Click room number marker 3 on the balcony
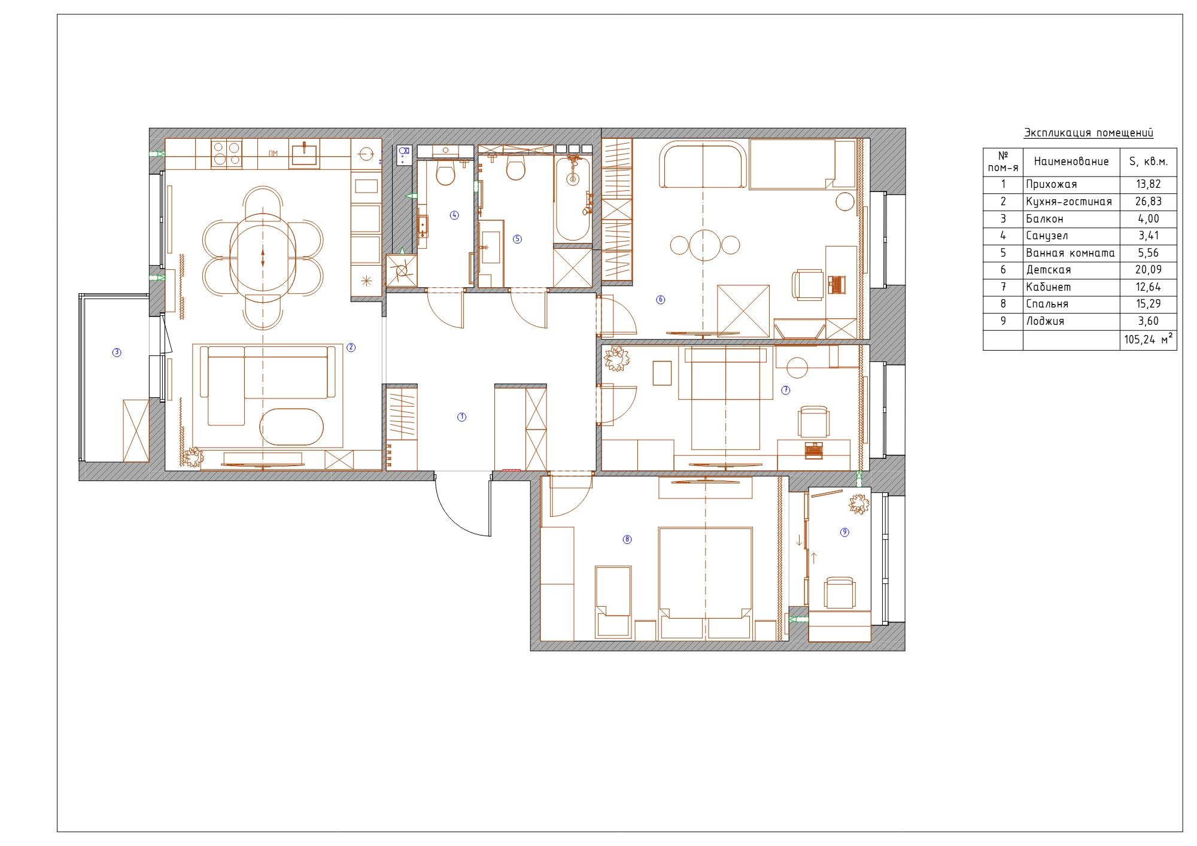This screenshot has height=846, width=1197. coord(117,352)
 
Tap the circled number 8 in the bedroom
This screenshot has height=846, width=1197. coord(627,539)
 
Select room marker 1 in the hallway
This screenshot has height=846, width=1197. coord(461,417)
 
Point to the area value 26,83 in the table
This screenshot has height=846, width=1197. coord(1148,202)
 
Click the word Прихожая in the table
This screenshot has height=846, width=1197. coord(1051,184)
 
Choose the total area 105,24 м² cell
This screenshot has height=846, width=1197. coord(1148,339)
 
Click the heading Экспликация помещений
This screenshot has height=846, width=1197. coord(1088,133)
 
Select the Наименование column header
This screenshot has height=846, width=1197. coord(1071,161)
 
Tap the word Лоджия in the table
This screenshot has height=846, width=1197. coord(1045,321)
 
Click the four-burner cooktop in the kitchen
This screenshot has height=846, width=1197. coord(227,153)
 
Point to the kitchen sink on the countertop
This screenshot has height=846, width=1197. coord(304,153)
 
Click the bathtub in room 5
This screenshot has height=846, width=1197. coord(573,199)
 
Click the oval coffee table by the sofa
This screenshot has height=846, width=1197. coord(291,427)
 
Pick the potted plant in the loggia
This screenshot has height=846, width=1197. coord(859,504)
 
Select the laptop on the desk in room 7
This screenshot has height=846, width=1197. coord(813,451)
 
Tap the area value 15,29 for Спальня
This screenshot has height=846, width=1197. coord(1148,304)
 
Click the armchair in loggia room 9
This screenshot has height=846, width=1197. coord(839,593)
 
